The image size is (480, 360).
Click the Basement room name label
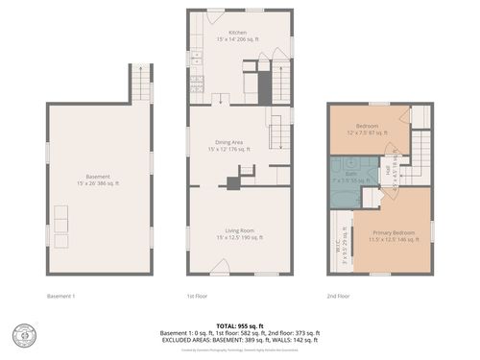(x=98, y=177)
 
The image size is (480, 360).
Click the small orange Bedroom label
(x=368, y=126)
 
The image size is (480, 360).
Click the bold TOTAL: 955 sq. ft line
(x=239, y=324)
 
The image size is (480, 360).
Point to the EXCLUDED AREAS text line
(x=239, y=340)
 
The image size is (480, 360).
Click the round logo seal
(x=21, y=337)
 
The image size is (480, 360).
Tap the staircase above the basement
(x=141, y=84)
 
